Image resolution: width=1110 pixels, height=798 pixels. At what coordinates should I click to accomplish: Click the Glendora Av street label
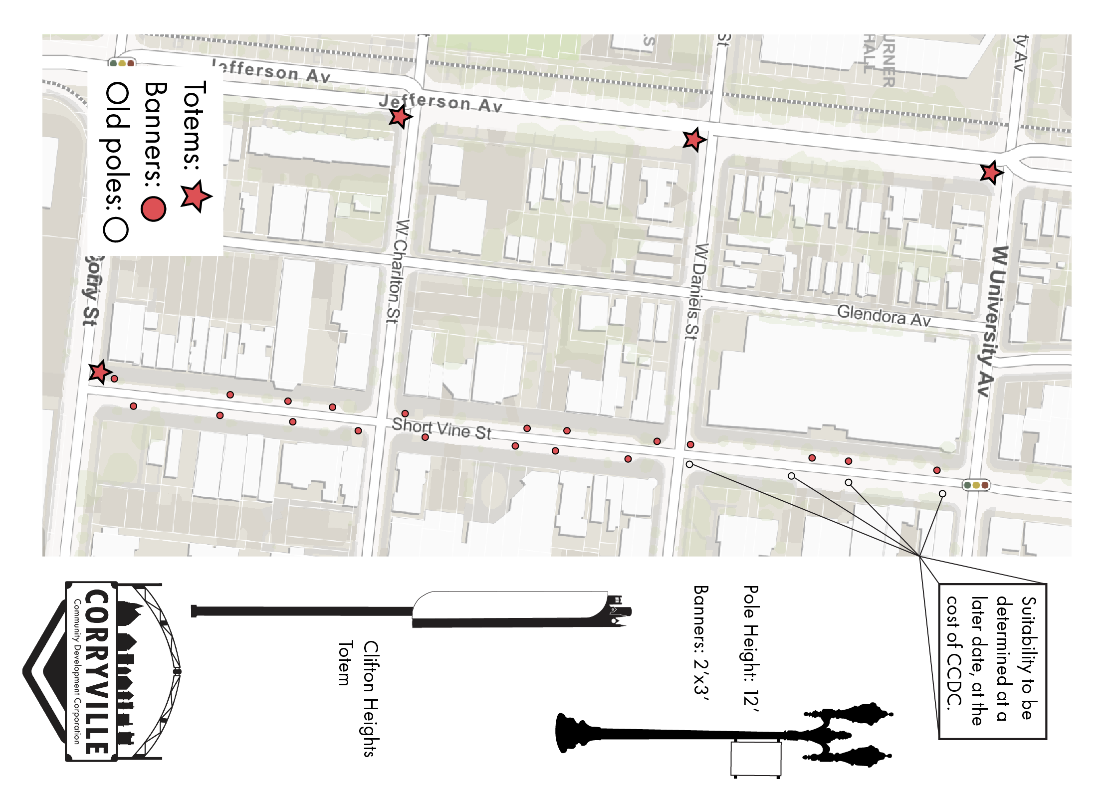point(884,316)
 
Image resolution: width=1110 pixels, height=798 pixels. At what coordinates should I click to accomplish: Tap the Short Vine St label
point(442,429)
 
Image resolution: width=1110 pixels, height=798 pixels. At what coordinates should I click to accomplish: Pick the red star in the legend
point(196,196)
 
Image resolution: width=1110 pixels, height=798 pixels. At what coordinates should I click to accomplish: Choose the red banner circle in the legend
point(153,208)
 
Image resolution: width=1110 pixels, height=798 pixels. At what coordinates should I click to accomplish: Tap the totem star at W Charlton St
point(400,117)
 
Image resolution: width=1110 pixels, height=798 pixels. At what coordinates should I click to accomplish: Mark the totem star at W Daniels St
point(694,140)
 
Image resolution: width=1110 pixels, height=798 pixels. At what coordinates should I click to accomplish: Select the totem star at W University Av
point(991,173)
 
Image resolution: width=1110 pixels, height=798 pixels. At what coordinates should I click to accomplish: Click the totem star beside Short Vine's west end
point(100,372)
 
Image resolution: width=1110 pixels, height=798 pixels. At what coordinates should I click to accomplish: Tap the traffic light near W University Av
point(976,485)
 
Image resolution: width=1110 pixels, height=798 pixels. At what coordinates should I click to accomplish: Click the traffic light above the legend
point(122,63)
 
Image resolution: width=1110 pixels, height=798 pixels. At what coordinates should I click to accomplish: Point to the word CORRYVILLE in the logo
point(96,671)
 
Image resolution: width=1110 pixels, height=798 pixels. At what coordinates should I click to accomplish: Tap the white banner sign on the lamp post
point(756,758)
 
